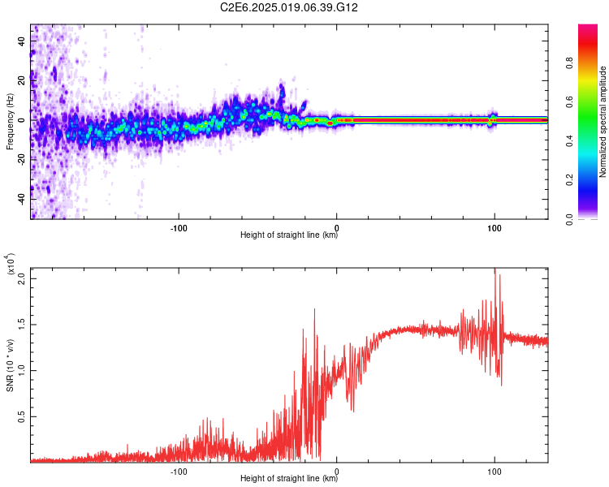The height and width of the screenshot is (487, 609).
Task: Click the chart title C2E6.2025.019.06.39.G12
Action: pos(289,7)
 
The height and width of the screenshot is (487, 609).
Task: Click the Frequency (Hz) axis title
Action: pos(10,122)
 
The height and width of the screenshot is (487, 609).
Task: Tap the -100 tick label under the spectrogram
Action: pos(179,227)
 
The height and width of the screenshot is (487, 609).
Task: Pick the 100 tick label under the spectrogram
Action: pos(494,227)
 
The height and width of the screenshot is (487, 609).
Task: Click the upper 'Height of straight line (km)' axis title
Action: pos(289,236)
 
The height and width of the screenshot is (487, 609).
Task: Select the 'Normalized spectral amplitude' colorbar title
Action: pos(603,122)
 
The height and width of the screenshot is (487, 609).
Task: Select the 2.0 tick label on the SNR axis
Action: pos(21,278)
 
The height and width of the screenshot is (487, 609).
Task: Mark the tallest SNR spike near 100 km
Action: pos(495,271)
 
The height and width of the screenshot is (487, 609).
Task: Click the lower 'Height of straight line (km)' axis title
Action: pos(289,480)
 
